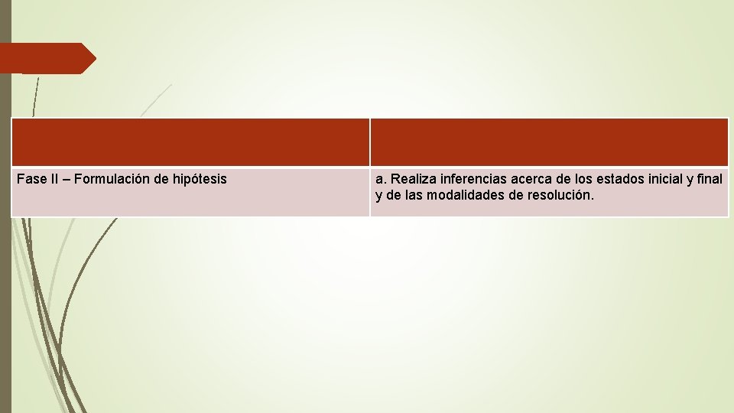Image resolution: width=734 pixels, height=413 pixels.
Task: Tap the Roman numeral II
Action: pyautogui.click(x=54, y=179)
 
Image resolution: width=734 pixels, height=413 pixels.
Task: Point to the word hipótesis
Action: pyautogui.click(x=199, y=180)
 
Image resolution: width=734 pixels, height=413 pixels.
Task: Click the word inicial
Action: pyautogui.click(x=668, y=179)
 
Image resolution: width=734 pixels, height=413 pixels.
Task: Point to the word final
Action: pyautogui.click(x=710, y=179)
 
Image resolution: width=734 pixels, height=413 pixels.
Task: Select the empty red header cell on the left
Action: pyautogui.click(x=190, y=142)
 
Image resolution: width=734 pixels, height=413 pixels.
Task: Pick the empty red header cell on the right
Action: pyautogui.click(x=549, y=142)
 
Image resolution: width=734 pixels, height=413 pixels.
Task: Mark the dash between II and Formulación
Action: pyautogui.click(x=67, y=179)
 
